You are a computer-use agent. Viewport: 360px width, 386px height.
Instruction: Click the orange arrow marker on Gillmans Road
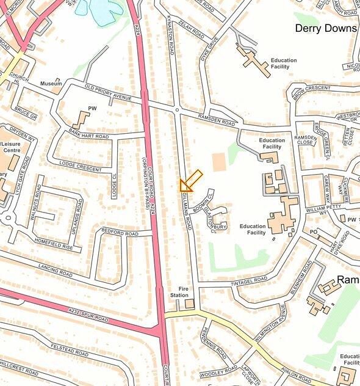[190, 181]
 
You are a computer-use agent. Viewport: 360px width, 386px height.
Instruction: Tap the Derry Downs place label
[325, 28]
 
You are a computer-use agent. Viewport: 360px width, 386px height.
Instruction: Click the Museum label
[51, 84]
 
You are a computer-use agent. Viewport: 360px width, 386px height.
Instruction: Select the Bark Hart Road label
[89, 134]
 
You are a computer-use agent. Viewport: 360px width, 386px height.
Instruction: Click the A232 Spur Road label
[88, 315]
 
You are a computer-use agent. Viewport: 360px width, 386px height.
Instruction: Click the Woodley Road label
[218, 371]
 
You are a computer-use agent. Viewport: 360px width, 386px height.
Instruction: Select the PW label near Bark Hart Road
[92, 108]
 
